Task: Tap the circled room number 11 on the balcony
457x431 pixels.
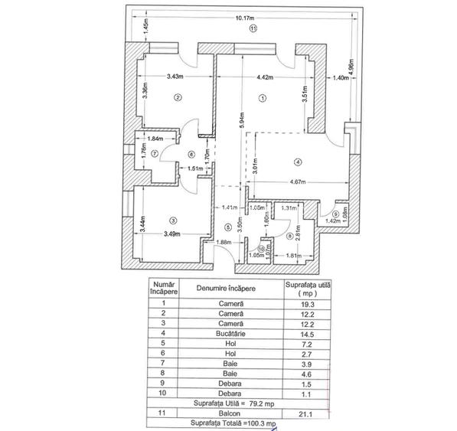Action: click(x=253, y=28)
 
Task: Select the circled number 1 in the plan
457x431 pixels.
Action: click(x=263, y=98)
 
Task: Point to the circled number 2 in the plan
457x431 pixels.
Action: click(x=178, y=97)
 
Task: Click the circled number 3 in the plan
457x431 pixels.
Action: click(x=174, y=199)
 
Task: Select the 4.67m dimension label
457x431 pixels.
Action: click(x=304, y=182)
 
